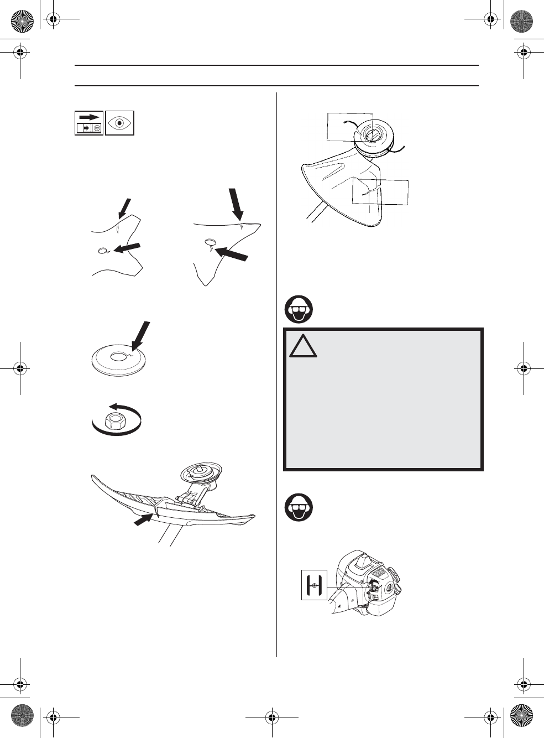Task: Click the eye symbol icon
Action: (x=119, y=123)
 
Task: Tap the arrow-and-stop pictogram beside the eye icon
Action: (x=89, y=123)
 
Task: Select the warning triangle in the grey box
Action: (x=302, y=347)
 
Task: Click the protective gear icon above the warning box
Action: (x=299, y=310)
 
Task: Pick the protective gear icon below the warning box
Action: (x=299, y=507)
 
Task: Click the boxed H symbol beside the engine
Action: (x=314, y=585)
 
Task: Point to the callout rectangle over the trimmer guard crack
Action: (x=380, y=192)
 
